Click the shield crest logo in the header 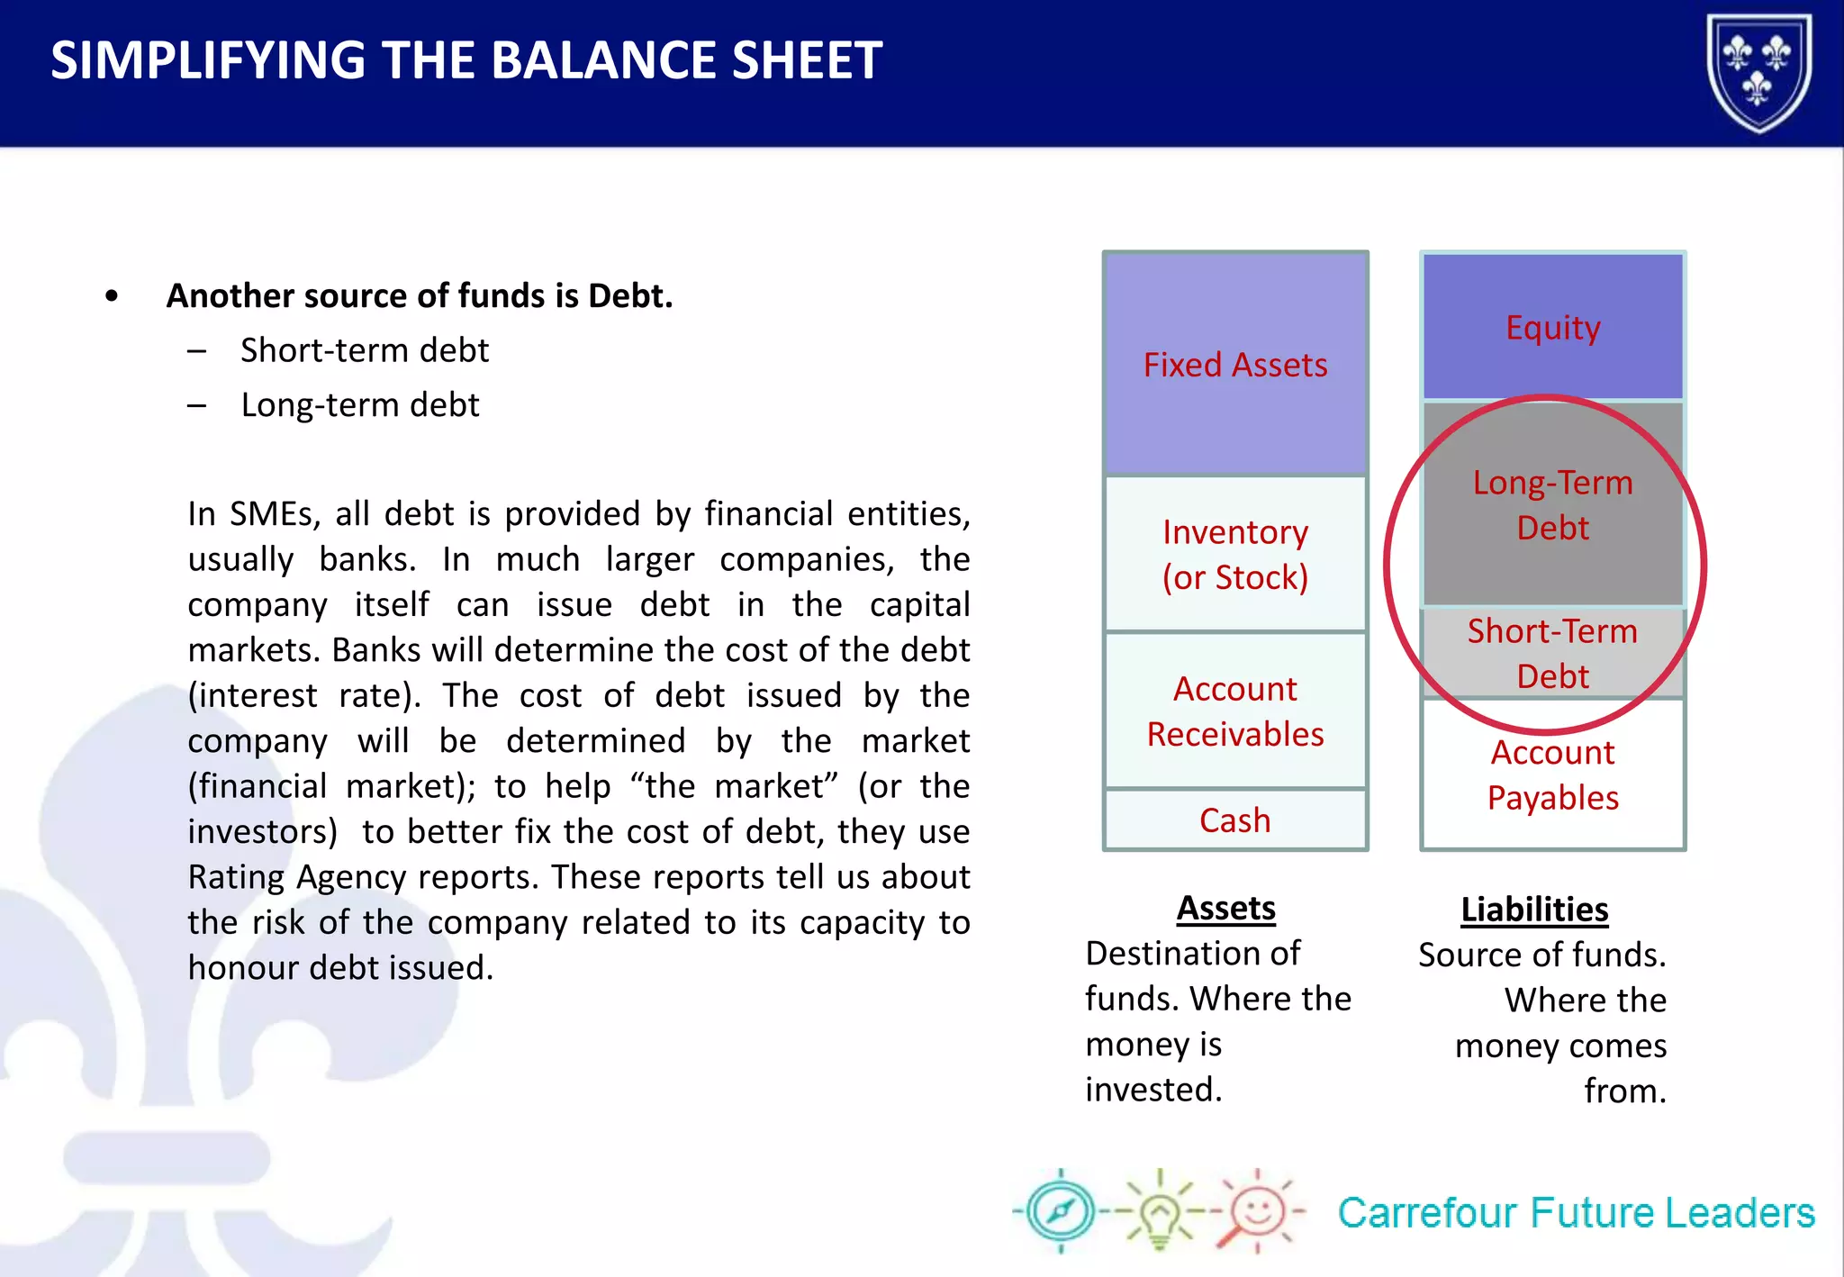[1758, 72]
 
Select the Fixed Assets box [1234, 365]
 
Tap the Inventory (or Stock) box [1234, 554]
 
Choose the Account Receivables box [1234, 711]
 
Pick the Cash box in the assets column [1234, 820]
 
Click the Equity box [1552, 327]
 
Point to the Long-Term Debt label [1552, 505]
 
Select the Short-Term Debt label [1552, 653]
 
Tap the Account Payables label [1552, 774]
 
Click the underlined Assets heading [1225, 908]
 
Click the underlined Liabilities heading [1534, 910]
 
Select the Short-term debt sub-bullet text [364, 350]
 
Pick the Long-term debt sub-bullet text [359, 405]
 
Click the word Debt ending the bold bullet [629, 296]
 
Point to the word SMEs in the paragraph [275, 514]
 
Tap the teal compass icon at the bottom [1061, 1211]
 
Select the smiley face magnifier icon [1255, 1212]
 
